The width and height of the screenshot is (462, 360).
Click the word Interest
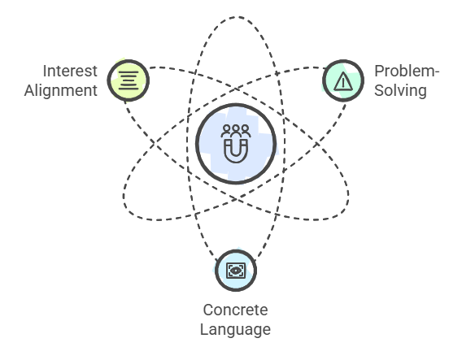70,71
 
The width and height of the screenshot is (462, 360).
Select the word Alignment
61,90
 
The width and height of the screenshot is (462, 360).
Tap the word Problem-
407,71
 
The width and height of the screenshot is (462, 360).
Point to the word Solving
400,90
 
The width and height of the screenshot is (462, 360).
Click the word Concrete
235,310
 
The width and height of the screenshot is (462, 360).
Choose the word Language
235,329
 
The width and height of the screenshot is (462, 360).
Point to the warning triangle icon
343,81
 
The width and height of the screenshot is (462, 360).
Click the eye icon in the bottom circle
236,271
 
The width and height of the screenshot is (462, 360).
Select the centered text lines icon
129,80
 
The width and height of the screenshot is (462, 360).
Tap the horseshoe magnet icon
236,151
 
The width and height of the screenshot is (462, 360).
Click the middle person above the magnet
236,131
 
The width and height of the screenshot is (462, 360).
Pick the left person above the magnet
226,131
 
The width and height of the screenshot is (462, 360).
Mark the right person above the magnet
245,131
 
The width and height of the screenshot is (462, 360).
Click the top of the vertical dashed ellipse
237,17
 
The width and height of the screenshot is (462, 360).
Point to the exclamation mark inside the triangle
343,83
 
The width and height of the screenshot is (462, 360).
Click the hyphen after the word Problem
438,72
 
